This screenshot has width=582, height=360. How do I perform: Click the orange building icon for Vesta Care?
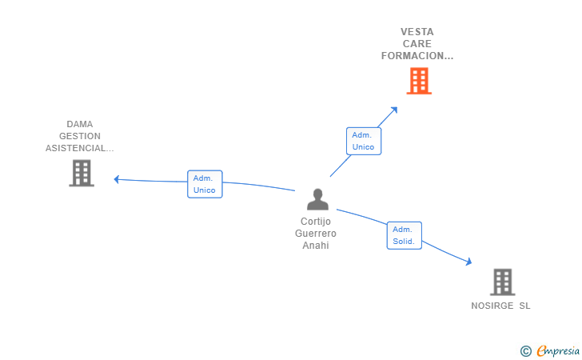click(x=418, y=81)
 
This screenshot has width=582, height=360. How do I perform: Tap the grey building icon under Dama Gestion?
click(x=82, y=173)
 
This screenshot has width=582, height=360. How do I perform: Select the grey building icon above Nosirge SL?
click(x=502, y=282)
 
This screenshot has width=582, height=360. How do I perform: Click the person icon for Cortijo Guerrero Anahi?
click(x=317, y=200)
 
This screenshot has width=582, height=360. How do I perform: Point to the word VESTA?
click(x=417, y=32)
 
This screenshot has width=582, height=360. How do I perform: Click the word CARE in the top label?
click(x=417, y=44)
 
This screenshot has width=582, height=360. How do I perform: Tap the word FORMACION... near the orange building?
click(x=417, y=56)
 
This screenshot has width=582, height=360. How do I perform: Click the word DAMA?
click(x=80, y=124)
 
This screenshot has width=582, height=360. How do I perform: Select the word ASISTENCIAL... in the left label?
click(x=80, y=148)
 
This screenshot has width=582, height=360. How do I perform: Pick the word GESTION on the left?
click(x=80, y=136)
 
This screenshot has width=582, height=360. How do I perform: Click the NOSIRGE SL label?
click(x=500, y=306)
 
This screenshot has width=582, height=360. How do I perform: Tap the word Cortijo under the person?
click(x=315, y=222)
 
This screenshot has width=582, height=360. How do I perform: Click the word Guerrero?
click(x=315, y=234)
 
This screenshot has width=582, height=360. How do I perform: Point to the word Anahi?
click(x=315, y=246)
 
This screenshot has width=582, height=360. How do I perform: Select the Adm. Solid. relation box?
click(x=404, y=235)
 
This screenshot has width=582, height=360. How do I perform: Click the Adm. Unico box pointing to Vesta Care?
click(x=364, y=141)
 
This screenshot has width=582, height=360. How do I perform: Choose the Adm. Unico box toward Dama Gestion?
click(x=204, y=184)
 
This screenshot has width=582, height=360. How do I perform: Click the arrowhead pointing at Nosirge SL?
click(x=469, y=262)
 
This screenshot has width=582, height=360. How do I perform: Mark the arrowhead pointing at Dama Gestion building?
click(x=117, y=179)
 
